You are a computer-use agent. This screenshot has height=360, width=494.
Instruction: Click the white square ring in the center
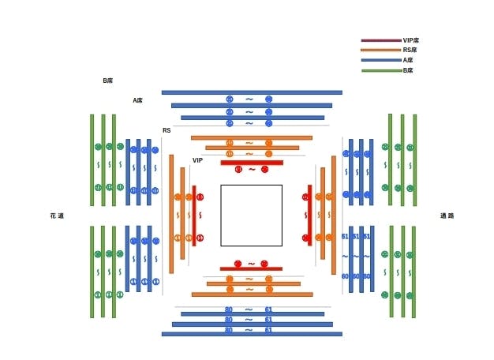251,216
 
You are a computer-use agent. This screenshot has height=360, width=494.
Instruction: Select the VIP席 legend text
410,39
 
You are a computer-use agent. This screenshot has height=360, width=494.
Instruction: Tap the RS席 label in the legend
409,50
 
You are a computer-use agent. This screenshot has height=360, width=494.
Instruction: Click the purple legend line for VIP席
380,39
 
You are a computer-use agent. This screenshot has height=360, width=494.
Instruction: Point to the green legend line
380,71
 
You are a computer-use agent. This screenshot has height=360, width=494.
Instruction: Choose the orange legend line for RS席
380,50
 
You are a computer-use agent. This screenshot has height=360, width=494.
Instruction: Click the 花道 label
57,216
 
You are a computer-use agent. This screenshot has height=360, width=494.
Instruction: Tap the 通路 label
447,216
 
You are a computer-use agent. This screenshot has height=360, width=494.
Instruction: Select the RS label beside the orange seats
167,130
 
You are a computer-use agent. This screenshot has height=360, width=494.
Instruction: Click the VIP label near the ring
198,160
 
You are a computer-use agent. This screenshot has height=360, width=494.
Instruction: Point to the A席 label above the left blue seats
138,100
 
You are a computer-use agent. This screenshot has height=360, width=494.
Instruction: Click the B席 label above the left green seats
108,81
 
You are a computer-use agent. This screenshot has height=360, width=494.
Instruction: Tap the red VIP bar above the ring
252,163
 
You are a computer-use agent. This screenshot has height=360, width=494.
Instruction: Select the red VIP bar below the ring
251,269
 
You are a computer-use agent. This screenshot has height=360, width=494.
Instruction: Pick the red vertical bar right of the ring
309,216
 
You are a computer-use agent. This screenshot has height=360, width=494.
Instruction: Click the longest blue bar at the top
252,92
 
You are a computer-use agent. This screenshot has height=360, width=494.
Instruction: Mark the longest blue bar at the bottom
252,334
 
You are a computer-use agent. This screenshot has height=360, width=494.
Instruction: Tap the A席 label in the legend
408,60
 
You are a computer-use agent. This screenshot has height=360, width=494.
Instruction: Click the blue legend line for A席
380,60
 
